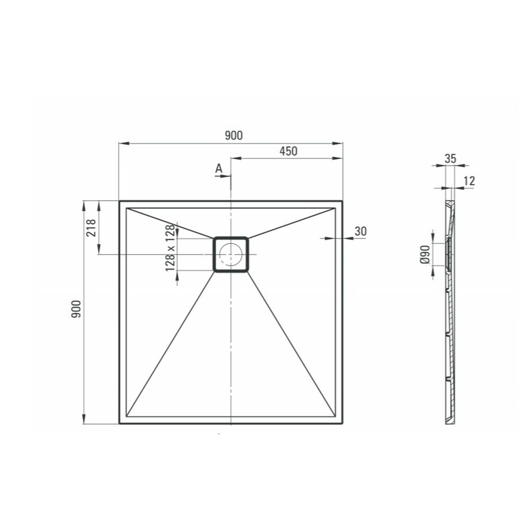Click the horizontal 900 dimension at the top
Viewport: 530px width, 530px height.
coord(233,136)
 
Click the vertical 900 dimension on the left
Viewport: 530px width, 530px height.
coord(76,308)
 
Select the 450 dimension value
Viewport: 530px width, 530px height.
coord(288,151)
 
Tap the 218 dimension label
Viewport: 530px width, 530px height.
coord(90,228)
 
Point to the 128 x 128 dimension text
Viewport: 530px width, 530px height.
coord(170,248)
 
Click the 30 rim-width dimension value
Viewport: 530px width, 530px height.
coord(360,231)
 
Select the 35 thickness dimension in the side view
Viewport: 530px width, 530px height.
coord(450,158)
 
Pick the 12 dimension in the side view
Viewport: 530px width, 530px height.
coord(469,181)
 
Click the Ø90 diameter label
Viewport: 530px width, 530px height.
coord(424,254)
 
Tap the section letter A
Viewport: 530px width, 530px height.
coord(218,169)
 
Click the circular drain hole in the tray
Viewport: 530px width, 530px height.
coord(231,254)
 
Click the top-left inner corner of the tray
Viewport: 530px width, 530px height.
coord(127,208)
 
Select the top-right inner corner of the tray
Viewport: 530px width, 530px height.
coord(335,208)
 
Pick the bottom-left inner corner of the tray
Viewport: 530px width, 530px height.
coord(127,417)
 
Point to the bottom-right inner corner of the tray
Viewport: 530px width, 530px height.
coord(335,417)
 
